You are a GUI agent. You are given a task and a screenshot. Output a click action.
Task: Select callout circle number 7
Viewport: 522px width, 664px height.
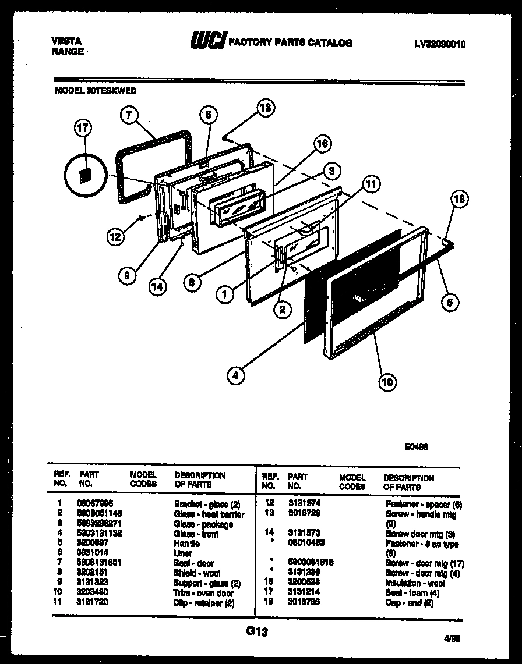pos(130,115)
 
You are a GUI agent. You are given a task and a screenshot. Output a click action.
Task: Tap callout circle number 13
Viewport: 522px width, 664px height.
pos(266,107)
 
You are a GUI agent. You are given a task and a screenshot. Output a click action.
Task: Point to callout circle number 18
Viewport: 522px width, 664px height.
pos(460,199)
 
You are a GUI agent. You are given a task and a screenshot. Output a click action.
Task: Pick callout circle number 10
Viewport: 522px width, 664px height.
pos(387,382)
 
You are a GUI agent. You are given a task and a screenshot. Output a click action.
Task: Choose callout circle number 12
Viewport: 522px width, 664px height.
pos(115,236)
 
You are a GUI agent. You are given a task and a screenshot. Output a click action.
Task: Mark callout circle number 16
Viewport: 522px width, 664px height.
pos(322,144)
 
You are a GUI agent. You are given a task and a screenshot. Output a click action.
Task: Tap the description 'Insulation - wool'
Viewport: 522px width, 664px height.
pos(415,583)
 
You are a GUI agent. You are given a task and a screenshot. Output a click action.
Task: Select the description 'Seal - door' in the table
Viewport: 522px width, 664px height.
pos(194,563)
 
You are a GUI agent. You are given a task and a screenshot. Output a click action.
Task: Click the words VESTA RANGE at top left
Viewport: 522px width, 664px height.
pos(68,46)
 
